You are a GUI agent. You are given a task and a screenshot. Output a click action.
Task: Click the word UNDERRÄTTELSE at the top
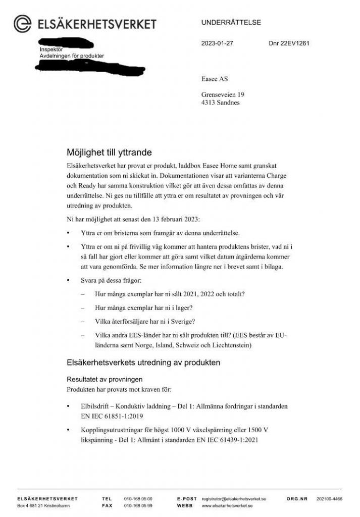coord(231,23)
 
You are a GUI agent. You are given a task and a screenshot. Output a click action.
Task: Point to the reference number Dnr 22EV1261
coord(289,43)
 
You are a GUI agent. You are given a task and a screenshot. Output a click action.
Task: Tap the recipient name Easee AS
coord(215,79)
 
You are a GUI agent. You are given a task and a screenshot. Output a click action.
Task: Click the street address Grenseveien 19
coord(223,95)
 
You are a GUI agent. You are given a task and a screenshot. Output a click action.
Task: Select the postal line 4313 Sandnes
coord(221,103)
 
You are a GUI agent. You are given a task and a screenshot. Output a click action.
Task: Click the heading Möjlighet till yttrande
coord(109,152)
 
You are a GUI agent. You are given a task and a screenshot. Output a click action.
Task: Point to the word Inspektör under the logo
coord(51,49)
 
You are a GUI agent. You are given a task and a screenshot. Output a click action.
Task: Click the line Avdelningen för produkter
coord(72,56)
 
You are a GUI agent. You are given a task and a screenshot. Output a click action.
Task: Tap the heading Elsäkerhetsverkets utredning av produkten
coord(143,363)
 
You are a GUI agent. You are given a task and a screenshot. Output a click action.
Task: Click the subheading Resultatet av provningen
coord(105,379)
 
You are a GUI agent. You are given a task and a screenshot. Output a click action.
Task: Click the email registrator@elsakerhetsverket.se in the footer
coord(234,499)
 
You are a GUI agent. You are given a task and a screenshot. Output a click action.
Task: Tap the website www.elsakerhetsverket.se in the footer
coord(227,505)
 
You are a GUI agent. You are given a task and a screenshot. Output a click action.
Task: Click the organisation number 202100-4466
coord(329,499)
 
